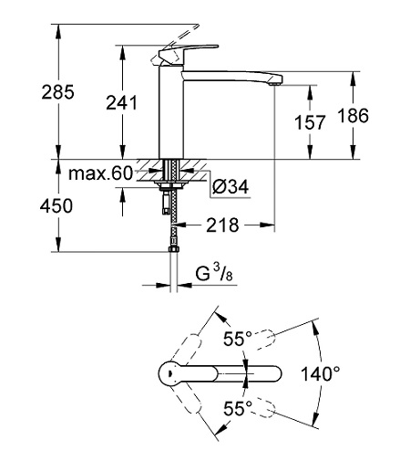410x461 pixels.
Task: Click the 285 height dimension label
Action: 57,92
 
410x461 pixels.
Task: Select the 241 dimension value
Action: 122,102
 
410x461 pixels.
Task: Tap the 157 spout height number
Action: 310,122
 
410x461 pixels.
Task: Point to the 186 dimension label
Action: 354,116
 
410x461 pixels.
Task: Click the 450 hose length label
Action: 56,205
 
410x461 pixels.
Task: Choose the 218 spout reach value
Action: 222,225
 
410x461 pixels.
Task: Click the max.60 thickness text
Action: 101,173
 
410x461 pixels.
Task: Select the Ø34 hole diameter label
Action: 231,186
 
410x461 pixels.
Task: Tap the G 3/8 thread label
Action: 214,273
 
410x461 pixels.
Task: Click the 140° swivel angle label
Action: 321,373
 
